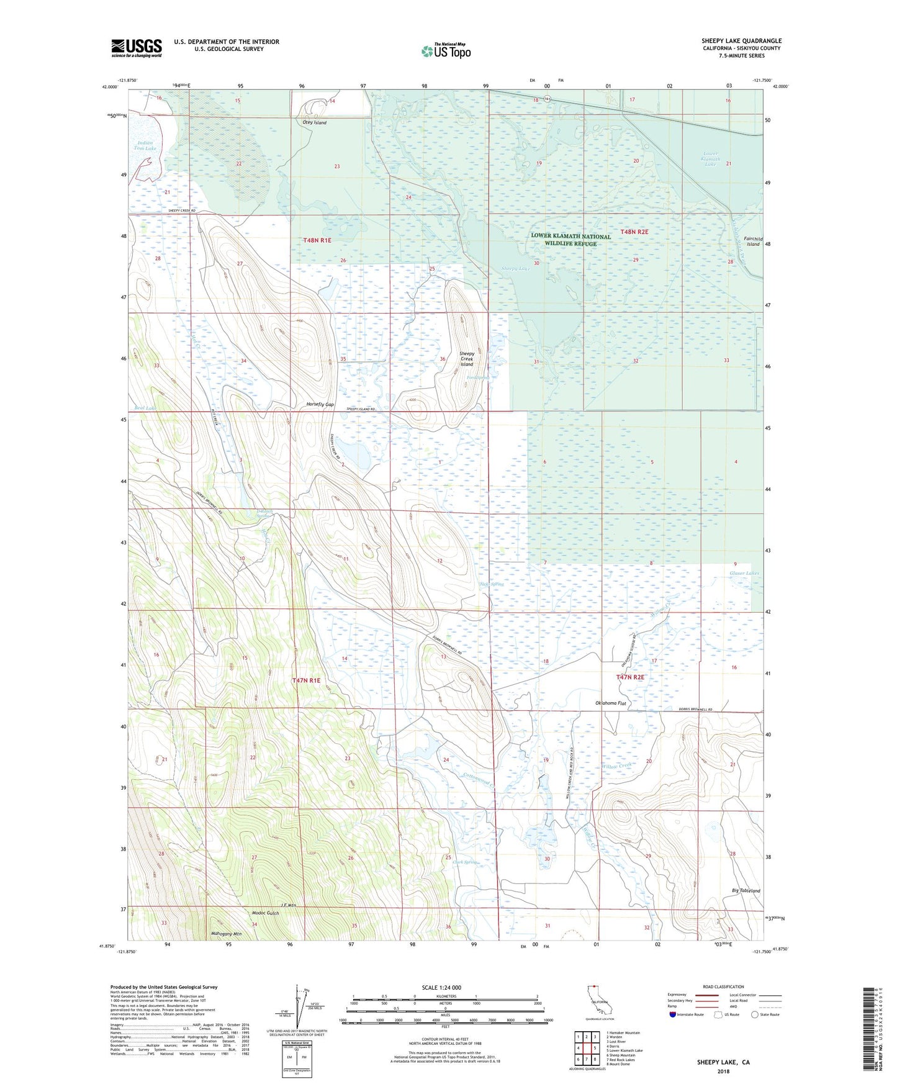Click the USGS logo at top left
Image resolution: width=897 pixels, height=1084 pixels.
click(x=136, y=48)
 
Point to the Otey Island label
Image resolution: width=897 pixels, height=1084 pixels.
click(x=314, y=123)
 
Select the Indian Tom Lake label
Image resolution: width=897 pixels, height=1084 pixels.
click(x=144, y=146)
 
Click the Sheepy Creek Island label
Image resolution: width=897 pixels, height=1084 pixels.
click(x=466, y=359)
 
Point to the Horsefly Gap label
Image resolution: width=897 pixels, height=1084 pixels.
click(x=320, y=404)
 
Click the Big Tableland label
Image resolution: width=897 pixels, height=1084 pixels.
click(x=746, y=890)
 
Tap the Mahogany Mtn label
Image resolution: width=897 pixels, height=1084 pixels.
click(x=225, y=934)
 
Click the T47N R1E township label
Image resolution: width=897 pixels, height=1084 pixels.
click(x=306, y=680)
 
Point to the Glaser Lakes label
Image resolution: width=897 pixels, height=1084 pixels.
click(x=744, y=573)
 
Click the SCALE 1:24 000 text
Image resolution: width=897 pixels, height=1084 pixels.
click(x=441, y=987)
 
